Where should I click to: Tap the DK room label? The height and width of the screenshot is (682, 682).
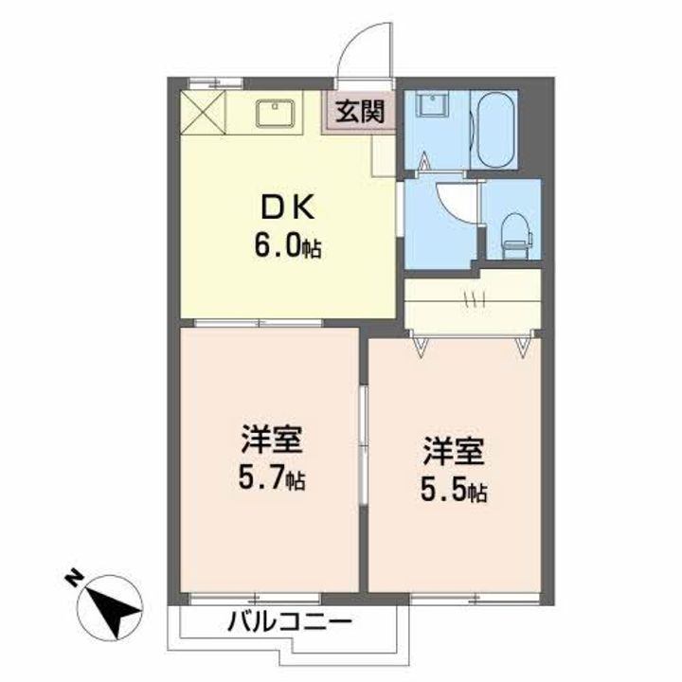pyautogui.click(x=278, y=209)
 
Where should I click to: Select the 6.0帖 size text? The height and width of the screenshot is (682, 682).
pyautogui.click(x=284, y=247)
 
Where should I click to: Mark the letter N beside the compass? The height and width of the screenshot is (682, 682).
pyautogui.click(x=72, y=576)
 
